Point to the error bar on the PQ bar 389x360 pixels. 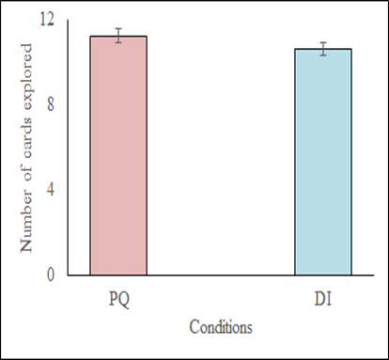[x=118, y=36]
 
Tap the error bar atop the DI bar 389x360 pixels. [x=322, y=49]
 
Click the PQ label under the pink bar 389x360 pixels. [x=118, y=298]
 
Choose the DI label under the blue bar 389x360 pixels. [x=322, y=298]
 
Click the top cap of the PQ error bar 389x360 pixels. [x=118, y=29]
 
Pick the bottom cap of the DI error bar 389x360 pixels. [x=322, y=55]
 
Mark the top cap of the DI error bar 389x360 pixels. [x=322, y=42]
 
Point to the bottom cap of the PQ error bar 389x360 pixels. [x=118, y=42]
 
